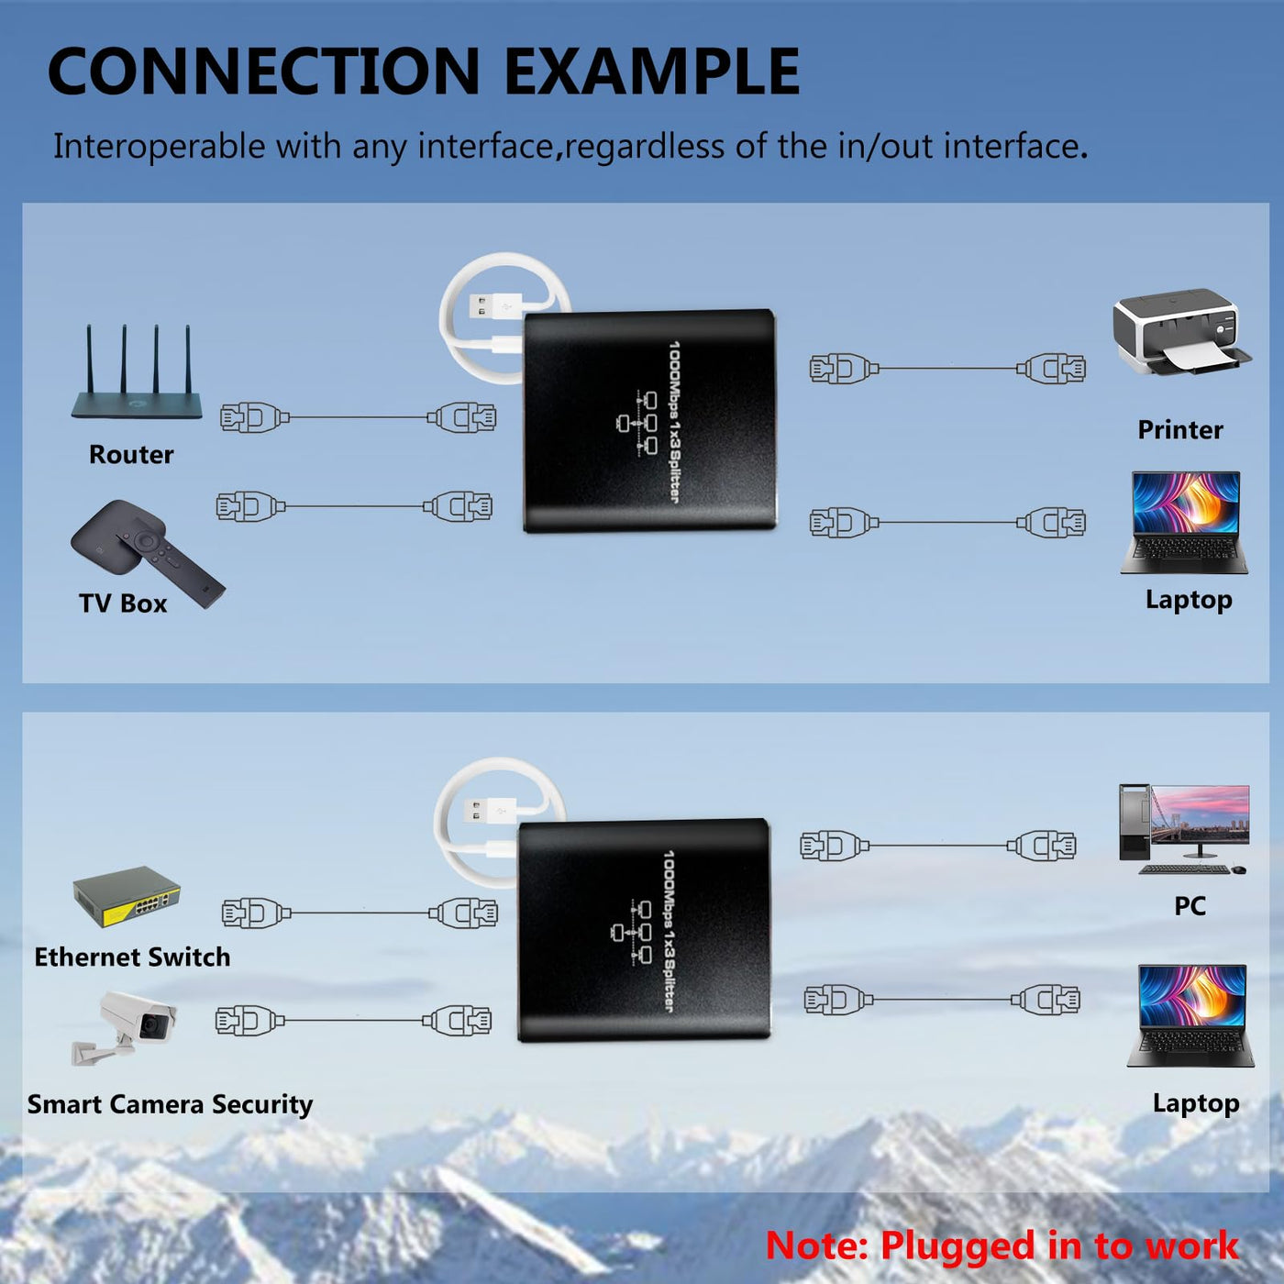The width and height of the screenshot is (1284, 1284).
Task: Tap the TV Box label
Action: click(123, 603)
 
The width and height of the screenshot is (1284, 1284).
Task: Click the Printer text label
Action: click(1180, 430)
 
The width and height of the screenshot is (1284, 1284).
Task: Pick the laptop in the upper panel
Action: click(1184, 523)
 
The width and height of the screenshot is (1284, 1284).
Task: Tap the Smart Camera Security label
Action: click(170, 1104)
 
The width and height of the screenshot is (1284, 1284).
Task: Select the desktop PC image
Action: click(1184, 829)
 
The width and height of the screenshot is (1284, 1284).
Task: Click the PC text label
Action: click(1190, 906)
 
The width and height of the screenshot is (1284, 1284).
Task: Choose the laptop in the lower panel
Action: click(1190, 1015)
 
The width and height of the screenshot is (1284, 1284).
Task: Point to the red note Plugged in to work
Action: click(1002, 1245)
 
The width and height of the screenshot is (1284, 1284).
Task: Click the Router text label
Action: click(131, 454)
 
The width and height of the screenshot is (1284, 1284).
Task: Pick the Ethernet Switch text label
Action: click(133, 957)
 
